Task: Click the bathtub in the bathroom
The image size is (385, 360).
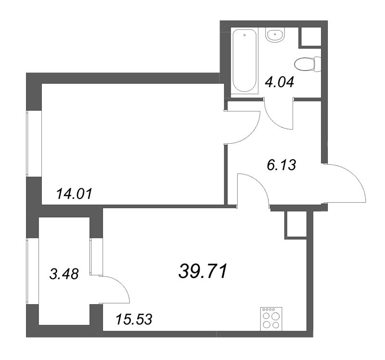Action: pyautogui.click(x=245, y=61)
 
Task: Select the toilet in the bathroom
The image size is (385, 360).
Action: pyautogui.click(x=308, y=64)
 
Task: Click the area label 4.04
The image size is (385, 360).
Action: pyautogui.click(x=280, y=82)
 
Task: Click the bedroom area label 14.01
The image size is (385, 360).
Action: pyautogui.click(x=74, y=194)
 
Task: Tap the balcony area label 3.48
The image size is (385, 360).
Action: pyautogui.click(x=64, y=273)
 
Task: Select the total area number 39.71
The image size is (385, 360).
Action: pyautogui.click(x=202, y=272)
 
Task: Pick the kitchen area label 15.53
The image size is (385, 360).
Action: pyautogui.click(x=134, y=319)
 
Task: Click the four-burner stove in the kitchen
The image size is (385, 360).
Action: pyautogui.click(x=271, y=318)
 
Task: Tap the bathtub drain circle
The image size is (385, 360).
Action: pyautogui.click(x=244, y=35)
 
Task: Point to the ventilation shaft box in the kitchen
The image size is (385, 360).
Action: pyautogui.click(x=296, y=225)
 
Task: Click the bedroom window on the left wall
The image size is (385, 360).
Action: pyautogui.click(x=27, y=143)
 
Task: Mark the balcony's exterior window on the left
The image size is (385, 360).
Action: pyautogui.click(x=27, y=271)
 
